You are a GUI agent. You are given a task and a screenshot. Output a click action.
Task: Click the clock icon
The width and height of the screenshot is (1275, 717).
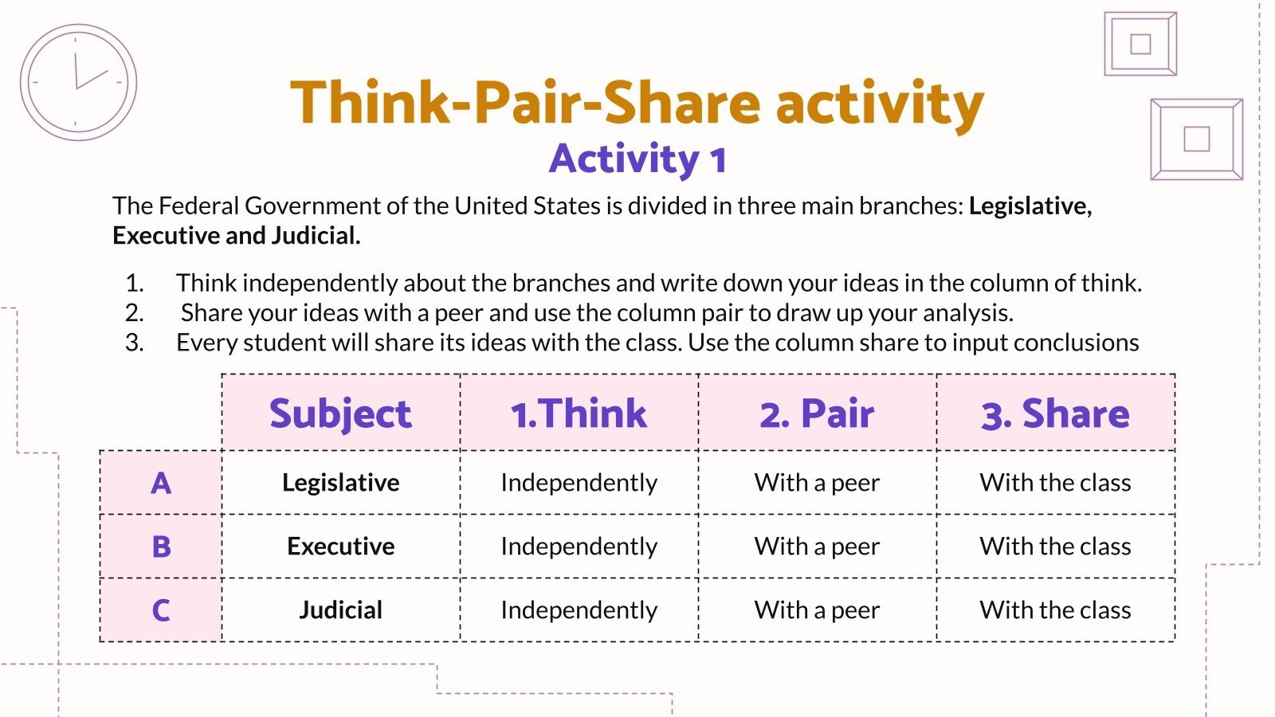[x=78, y=82]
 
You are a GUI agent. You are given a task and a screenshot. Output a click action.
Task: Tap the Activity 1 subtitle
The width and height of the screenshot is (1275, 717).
[x=637, y=159]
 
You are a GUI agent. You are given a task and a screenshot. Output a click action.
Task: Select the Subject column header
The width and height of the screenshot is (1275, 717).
[x=340, y=413]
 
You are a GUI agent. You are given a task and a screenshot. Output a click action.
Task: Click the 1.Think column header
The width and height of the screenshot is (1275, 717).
[x=579, y=413]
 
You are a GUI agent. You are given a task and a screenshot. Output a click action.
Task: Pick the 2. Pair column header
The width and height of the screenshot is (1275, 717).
[x=817, y=413]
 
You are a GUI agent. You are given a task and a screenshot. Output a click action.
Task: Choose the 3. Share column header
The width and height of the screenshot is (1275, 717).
[x=1055, y=413]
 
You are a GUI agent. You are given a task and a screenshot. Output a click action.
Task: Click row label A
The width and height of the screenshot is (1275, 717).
[x=161, y=483]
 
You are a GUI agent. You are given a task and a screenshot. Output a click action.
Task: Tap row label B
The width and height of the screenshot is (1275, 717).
[x=161, y=547]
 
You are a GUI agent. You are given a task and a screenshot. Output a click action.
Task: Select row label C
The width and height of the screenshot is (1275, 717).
[x=161, y=610]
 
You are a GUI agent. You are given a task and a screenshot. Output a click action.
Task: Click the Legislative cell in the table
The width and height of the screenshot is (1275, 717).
[x=340, y=483]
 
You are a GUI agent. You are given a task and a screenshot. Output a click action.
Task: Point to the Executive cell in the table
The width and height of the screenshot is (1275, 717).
[x=340, y=547]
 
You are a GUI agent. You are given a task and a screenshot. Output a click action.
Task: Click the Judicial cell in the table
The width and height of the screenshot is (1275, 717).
[x=340, y=610]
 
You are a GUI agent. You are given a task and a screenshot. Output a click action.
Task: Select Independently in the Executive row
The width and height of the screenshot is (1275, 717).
[x=579, y=547]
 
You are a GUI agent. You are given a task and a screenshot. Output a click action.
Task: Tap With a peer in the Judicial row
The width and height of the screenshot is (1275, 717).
[x=817, y=610]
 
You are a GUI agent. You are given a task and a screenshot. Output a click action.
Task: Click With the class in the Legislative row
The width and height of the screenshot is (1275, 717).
[x=1055, y=483]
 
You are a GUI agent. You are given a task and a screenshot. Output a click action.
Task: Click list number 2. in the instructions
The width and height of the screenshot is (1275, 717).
[x=135, y=312]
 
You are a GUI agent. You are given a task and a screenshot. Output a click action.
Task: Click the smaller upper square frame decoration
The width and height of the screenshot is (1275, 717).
[x=1140, y=44]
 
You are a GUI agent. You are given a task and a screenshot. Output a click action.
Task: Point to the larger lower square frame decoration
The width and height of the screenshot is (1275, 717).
[x=1196, y=139]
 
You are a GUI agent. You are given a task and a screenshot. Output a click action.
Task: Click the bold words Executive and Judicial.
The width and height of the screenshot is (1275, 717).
[x=236, y=236]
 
